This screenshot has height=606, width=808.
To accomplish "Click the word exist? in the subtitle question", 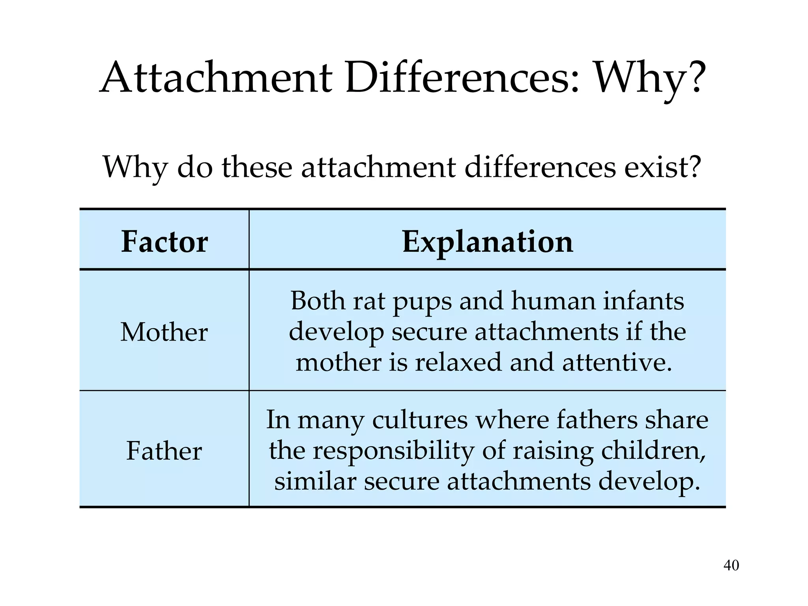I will point(662,167).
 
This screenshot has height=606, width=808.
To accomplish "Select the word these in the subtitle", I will point(257,167).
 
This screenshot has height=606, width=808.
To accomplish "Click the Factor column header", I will point(165,241).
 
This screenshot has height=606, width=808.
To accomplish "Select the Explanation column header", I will point(487,241).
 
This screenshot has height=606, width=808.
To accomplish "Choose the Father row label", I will point(164,451).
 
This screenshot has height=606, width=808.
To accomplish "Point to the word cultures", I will point(420,420).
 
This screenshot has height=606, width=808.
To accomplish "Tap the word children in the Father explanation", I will point(653,451).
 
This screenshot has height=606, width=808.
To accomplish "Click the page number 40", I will point(731,565).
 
